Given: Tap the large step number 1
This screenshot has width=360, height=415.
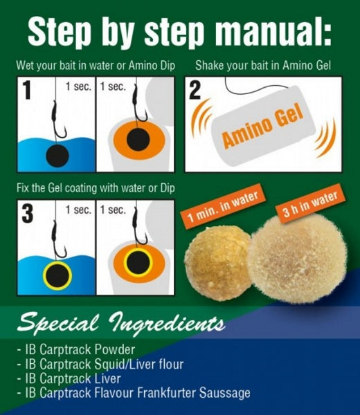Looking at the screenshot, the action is click(27, 90).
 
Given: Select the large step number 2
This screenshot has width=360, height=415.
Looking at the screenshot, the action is click(195, 90).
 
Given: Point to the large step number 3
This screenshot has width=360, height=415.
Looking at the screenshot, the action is click(28, 213).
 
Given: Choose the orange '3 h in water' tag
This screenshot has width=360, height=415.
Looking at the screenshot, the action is click(310, 204).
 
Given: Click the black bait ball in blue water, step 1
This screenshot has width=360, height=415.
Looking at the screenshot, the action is click(57, 156).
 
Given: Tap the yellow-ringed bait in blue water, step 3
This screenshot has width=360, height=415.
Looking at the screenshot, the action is click(57, 276).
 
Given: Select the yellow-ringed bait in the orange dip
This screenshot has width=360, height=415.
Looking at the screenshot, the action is click(138, 263).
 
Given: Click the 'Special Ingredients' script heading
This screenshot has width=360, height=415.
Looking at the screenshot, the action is click(121, 323).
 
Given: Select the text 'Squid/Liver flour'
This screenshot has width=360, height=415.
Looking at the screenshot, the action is click(139, 365).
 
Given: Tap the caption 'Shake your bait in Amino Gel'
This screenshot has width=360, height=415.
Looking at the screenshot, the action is click(263, 66).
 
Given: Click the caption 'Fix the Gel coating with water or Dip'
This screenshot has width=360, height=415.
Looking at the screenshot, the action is click(96, 188).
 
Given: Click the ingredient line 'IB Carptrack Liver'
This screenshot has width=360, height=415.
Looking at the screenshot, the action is click(73, 378).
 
